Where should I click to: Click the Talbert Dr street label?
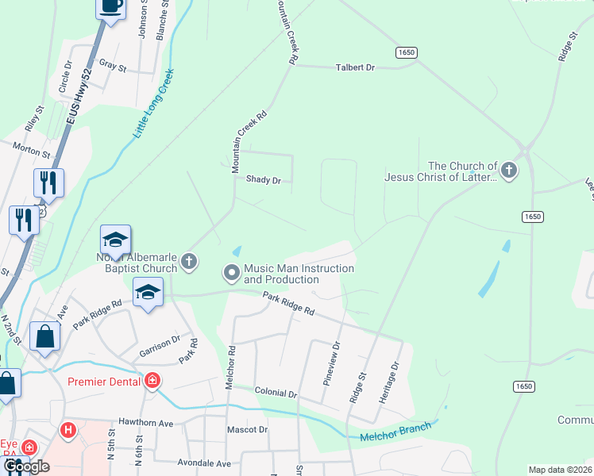(355, 68)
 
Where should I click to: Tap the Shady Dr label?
(264, 180)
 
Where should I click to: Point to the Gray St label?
(112, 67)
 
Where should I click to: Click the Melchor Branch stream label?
(395, 432)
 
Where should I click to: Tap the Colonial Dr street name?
(276, 393)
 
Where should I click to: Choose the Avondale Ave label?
(204, 463)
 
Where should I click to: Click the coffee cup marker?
(110, 6)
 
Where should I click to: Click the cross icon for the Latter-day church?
(508, 170)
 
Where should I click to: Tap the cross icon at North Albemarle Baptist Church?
(188, 260)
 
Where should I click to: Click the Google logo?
(26, 466)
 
